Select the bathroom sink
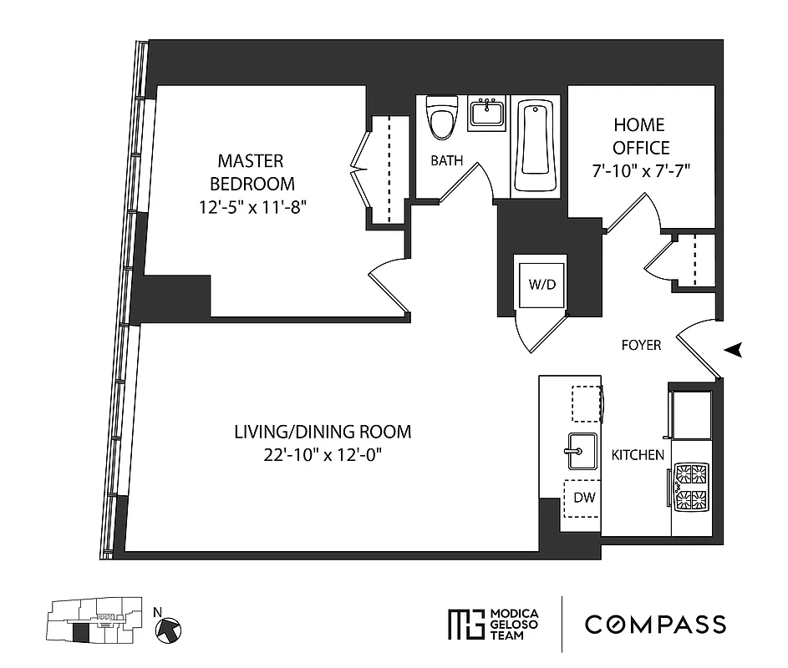486,111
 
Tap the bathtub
534,146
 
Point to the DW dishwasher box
584,498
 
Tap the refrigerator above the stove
690,414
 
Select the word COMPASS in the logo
654,624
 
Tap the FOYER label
641,345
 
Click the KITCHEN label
638,455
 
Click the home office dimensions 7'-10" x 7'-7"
640,170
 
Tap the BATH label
446,160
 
